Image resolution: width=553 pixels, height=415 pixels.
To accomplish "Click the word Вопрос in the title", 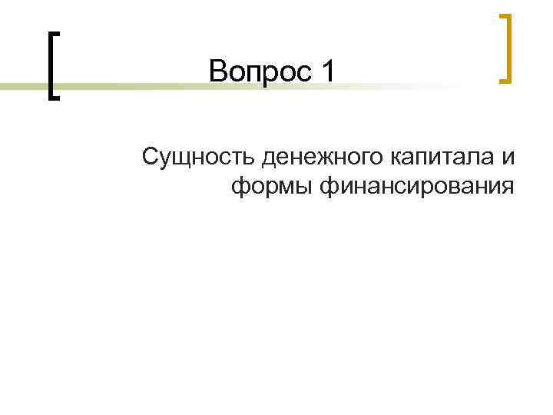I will coord(262,73).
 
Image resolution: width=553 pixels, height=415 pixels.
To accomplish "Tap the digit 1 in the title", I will coord(329,73).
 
